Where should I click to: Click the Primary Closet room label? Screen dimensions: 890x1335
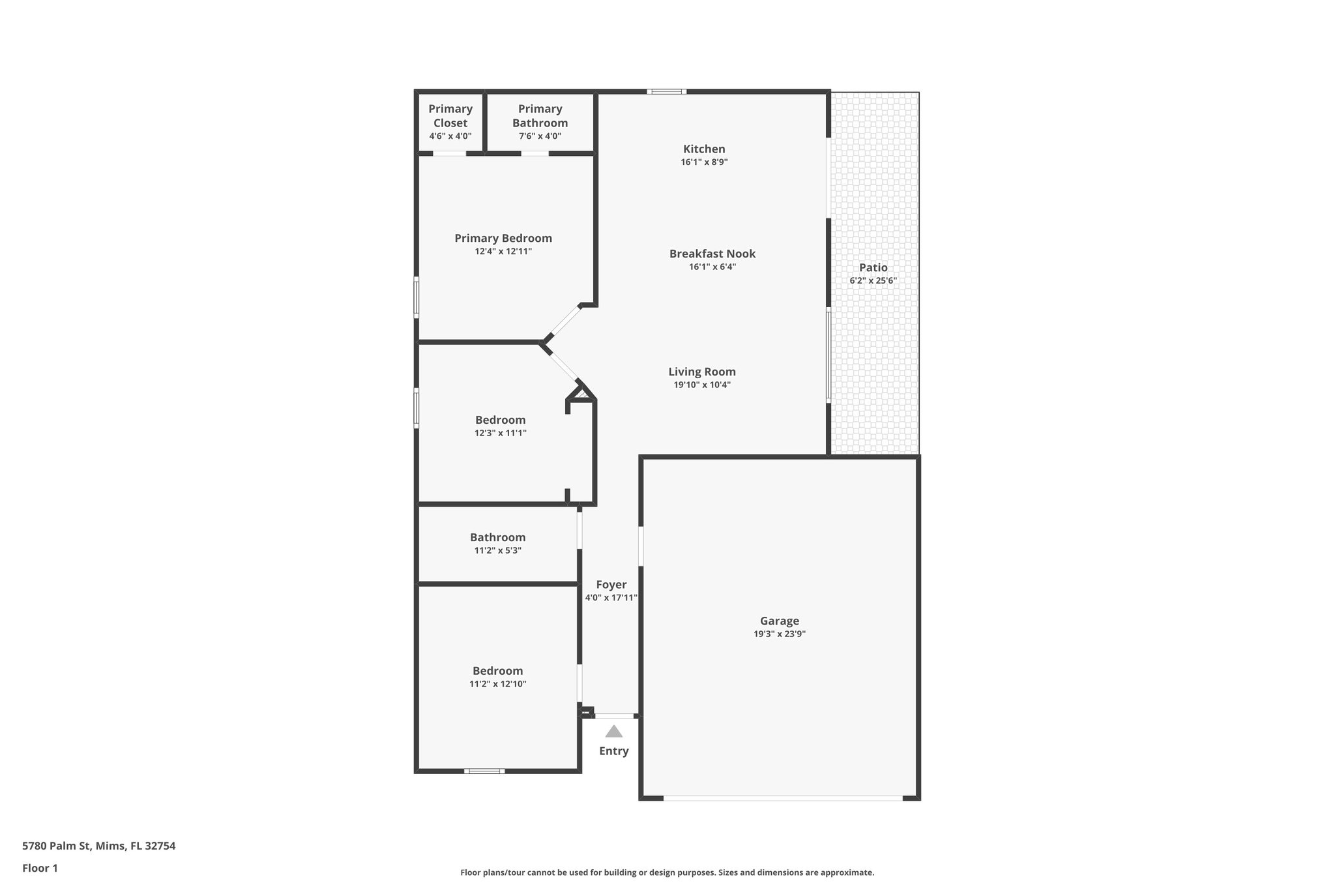point(450,115)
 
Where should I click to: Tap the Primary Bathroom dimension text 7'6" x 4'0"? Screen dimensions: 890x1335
point(540,136)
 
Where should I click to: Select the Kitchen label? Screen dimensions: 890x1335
point(704,149)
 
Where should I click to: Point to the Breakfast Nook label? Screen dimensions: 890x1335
point(712,254)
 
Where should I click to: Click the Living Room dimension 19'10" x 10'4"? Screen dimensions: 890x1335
point(702,385)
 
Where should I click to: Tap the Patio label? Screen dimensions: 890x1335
point(873,267)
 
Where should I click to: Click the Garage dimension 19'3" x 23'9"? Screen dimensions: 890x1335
point(780,634)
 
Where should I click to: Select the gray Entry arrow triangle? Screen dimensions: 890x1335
point(613,732)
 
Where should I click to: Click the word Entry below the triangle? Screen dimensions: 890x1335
point(613,751)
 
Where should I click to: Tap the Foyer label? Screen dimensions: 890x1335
point(611,585)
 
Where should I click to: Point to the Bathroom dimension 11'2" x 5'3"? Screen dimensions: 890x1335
point(497,550)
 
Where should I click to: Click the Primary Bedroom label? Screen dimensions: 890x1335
point(503,238)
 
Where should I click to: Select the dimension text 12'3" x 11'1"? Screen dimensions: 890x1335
point(500,433)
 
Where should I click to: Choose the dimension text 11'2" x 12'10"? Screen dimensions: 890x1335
point(497,684)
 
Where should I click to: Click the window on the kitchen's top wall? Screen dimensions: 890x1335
point(666,92)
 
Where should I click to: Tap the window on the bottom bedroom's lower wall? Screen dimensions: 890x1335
point(484,771)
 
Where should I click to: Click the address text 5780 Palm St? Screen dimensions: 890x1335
point(98,846)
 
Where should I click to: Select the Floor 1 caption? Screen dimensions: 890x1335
point(40,868)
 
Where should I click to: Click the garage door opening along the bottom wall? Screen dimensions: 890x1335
point(782,797)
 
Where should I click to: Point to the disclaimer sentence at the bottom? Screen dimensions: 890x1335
point(667,872)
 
